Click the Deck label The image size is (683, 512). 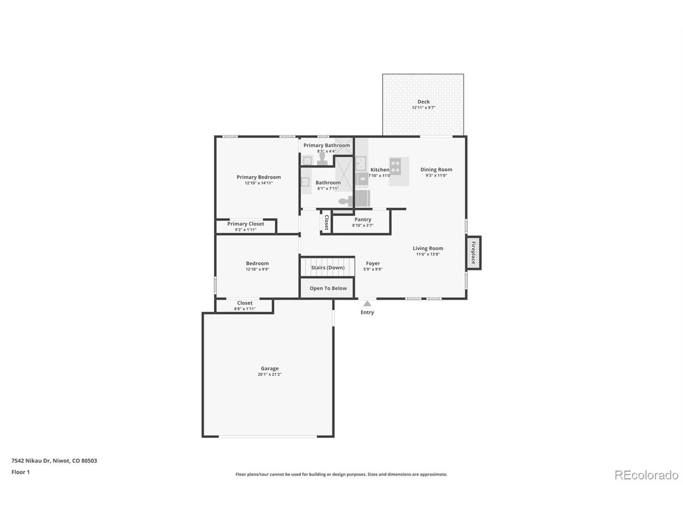[423, 102]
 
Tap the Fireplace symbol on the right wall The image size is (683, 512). [473, 253]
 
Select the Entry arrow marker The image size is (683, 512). [367, 303]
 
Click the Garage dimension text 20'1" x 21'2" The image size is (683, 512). [269, 374]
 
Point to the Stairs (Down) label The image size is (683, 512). [328, 268]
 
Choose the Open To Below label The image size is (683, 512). [328, 289]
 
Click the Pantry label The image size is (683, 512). [363, 220]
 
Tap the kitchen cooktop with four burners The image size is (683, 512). [395, 164]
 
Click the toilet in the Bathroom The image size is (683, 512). [347, 201]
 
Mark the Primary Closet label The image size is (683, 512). [245, 224]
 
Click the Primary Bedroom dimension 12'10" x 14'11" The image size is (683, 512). [259, 183]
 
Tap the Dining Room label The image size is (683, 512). [436, 170]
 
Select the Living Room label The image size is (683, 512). [428, 248]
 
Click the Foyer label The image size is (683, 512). [373, 263]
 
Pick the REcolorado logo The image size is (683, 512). [646, 475]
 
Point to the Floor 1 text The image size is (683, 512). [21, 472]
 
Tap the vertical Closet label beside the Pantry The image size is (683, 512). [327, 221]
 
